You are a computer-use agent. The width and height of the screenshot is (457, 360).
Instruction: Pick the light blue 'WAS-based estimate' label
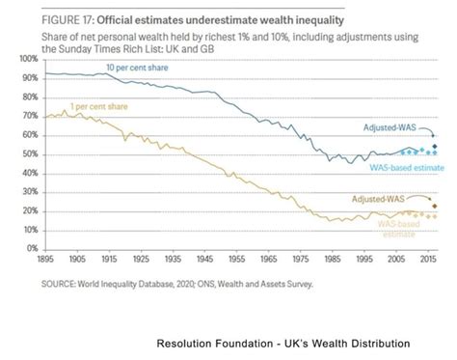pyautogui.click(x=405, y=167)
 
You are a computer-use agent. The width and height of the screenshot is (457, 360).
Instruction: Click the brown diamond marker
pyautogui.click(x=434, y=206)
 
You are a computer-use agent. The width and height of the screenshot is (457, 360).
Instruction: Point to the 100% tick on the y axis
pyautogui.click(x=26, y=60)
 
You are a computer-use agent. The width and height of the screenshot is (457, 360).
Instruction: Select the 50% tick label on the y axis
pyautogui.click(x=28, y=154)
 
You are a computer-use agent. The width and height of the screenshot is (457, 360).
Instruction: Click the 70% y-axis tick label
pyautogui.click(x=28, y=117)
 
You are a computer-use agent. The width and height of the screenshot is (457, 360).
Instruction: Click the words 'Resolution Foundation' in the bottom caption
pyautogui.click(x=207, y=344)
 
